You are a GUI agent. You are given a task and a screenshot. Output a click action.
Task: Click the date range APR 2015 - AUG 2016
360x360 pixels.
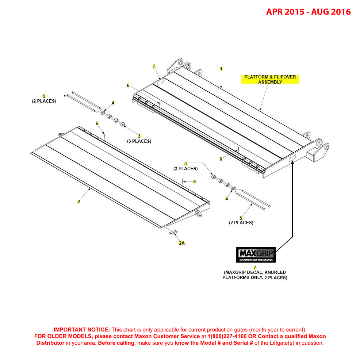(308, 12)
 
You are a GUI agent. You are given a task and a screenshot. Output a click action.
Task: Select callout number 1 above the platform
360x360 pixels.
(221, 69)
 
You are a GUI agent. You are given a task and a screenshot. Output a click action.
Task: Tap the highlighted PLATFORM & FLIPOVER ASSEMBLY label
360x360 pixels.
(270, 80)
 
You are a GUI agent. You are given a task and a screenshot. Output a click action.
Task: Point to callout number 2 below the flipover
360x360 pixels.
(78, 201)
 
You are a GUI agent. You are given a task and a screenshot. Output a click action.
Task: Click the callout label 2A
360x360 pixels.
(181, 243)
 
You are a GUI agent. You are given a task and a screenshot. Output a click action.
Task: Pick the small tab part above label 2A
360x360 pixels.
(173, 232)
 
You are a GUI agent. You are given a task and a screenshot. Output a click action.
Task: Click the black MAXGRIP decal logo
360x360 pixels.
(256, 254)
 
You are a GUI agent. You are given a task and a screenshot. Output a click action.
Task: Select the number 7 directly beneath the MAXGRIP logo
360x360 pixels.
(255, 267)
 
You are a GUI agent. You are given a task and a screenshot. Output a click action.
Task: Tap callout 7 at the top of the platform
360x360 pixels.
(154, 66)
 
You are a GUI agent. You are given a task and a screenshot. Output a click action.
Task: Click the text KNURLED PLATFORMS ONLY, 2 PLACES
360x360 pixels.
(255, 277)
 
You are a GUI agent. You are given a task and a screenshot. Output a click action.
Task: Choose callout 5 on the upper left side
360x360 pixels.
(44, 96)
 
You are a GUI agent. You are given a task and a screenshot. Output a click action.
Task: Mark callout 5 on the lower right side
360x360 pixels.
(241, 218)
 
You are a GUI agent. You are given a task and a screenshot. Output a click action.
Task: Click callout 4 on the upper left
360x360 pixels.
(113, 103)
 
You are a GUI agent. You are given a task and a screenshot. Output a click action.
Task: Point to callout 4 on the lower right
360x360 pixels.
(226, 199)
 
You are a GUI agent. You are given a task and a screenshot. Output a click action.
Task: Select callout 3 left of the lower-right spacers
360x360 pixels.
(185, 163)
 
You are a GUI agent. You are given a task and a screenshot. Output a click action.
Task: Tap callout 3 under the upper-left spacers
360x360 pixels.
(139, 136)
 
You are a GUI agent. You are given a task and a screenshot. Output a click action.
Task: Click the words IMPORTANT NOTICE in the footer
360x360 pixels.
(81, 329)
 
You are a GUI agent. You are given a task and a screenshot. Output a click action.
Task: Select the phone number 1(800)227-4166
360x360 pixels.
(222, 336)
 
